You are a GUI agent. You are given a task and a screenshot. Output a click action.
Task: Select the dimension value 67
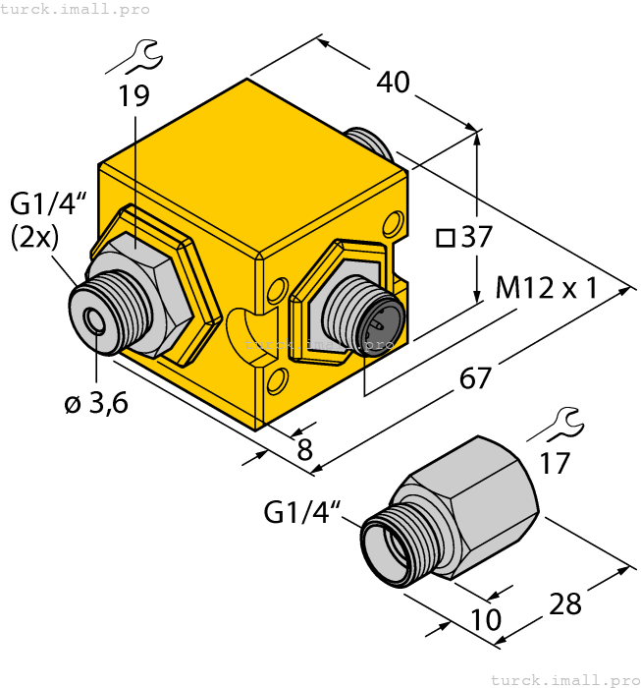[x=475, y=376]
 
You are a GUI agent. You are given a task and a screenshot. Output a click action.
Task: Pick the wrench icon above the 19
[x=134, y=58]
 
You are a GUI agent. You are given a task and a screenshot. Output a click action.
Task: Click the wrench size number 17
[x=555, y=462]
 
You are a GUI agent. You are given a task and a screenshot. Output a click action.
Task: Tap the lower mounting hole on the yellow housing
[x=278, y=379]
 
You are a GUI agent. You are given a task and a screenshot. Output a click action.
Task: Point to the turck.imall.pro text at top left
[x=76, y=9]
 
